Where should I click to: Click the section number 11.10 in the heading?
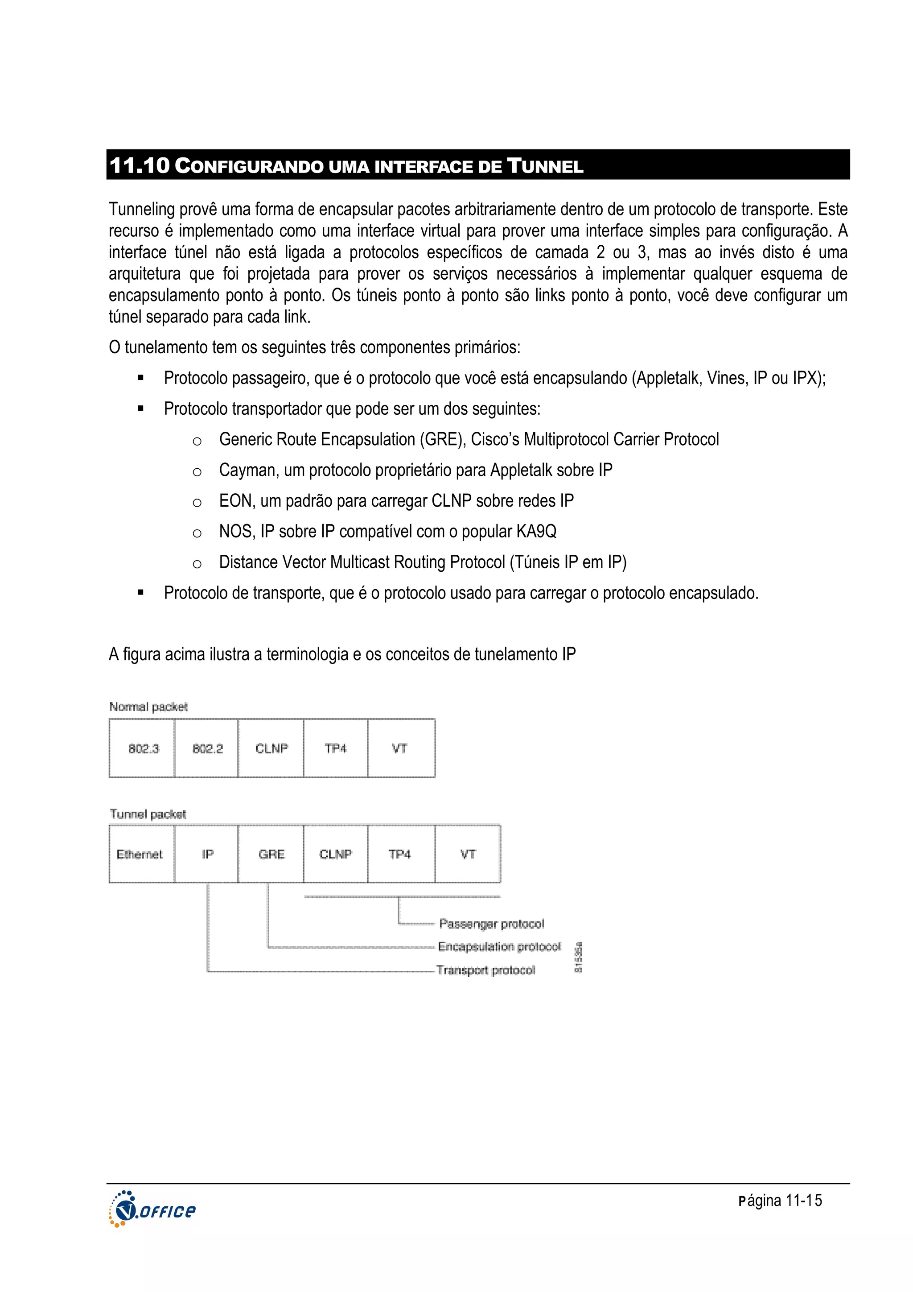(x=139, y=166)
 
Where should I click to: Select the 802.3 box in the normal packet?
(x=142, y=748)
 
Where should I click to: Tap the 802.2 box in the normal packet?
(x=207, y=748)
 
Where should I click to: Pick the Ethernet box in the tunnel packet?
(x=140, y=854)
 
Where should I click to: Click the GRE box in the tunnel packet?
(x=271, y=854)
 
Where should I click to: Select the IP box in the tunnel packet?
(x=207, y=854)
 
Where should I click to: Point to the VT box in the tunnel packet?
(x=468, y=854)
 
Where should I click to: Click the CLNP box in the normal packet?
(x=271, y=748)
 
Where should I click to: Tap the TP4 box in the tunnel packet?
(x=400, y=854)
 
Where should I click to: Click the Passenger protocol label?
(x=491, y=924)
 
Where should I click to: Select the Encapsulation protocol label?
(x=499, y=946)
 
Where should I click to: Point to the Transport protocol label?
(x=485, y=970)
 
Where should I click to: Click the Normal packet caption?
(x=148, y=707)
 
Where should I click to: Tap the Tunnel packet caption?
(x=148, y=814)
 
